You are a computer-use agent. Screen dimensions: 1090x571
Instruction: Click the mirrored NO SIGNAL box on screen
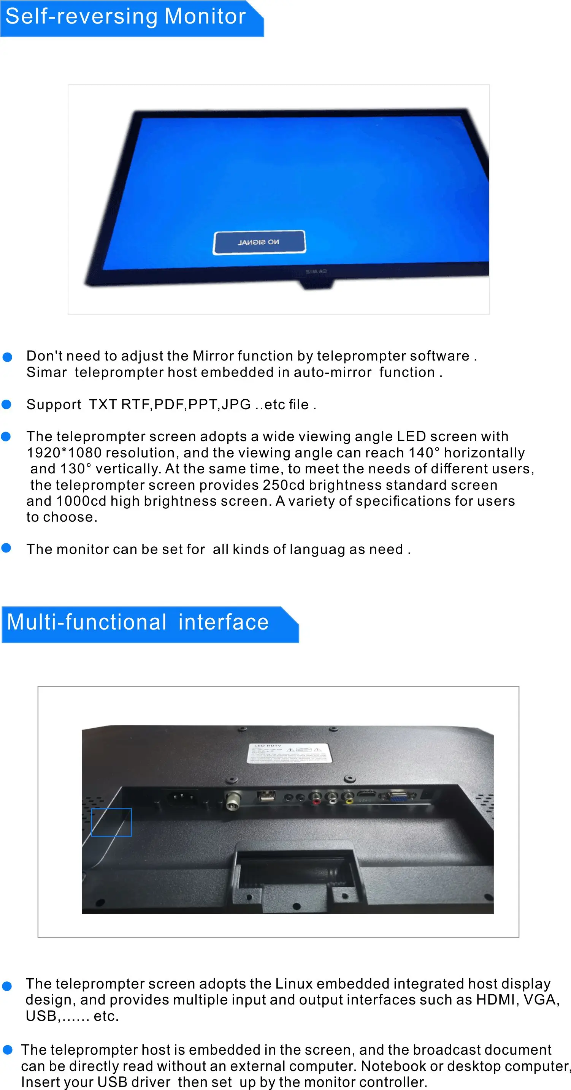(259, 242)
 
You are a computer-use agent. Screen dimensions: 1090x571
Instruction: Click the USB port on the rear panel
(266, 796)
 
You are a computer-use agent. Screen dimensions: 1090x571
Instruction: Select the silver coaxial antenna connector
(232, 800)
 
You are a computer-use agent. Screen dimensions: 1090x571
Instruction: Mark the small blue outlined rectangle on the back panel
(111, 822)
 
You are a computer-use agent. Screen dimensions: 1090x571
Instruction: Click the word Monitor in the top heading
(205, 16)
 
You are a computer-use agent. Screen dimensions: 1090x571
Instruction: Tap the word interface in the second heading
(224, 622)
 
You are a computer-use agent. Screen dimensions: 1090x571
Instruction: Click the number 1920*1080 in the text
(64, 453)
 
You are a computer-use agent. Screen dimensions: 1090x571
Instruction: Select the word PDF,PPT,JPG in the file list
(202, 405)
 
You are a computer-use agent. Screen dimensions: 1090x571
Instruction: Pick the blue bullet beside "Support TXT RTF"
(6, 405)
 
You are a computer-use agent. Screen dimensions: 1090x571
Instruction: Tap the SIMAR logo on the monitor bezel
(316, 271)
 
